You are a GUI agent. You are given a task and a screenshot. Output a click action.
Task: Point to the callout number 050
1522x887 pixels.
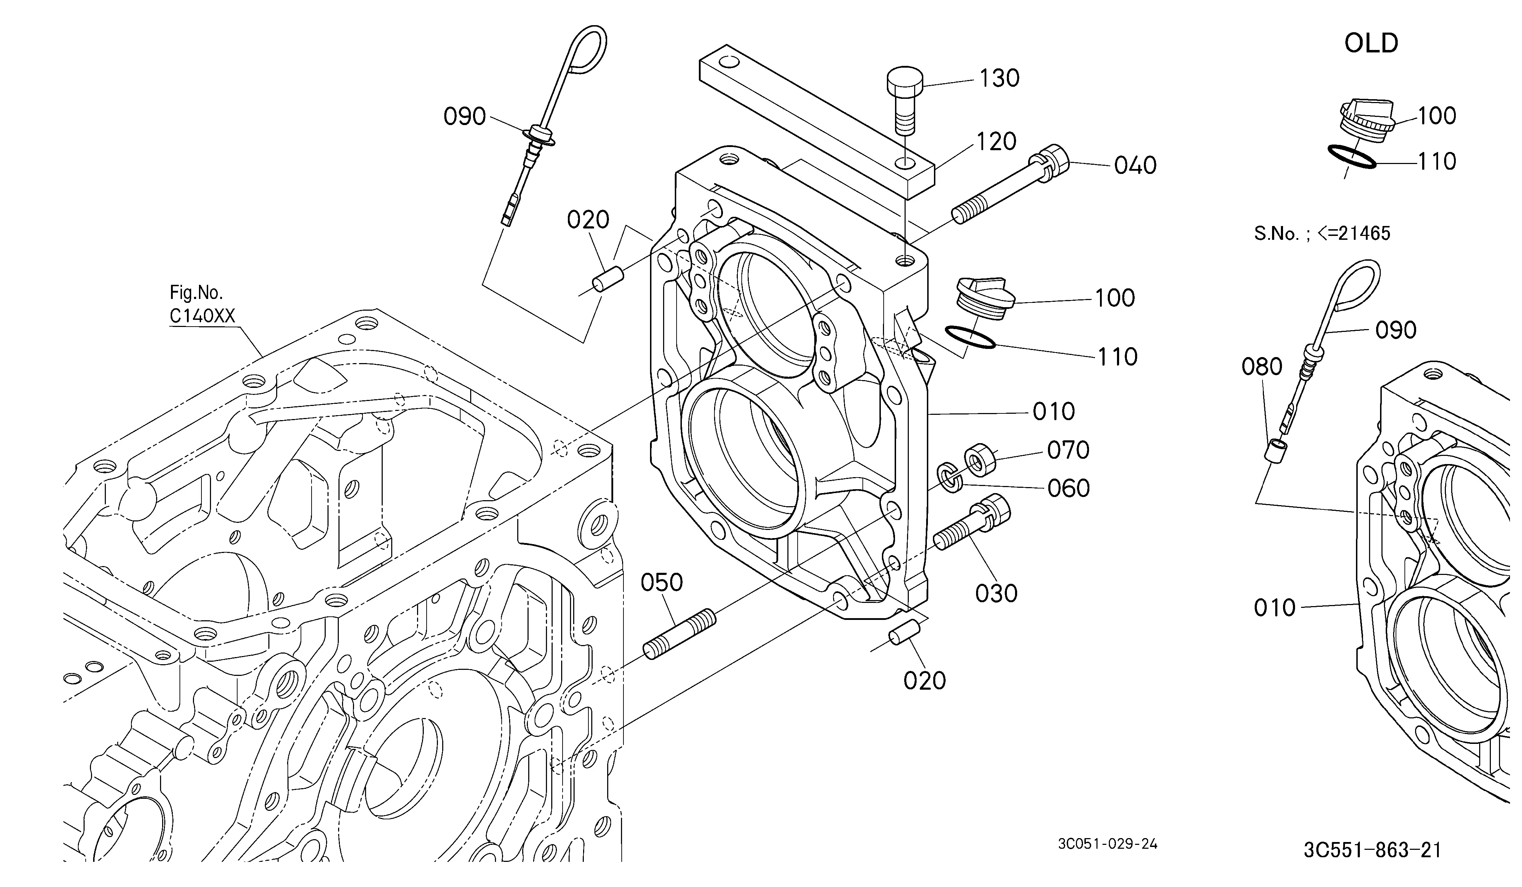click(x=662, y=582)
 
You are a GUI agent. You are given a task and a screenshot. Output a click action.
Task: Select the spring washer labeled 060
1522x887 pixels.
click(x=950, y=478)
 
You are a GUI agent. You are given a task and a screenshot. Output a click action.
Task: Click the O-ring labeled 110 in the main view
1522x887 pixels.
click(x=969, y=337)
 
